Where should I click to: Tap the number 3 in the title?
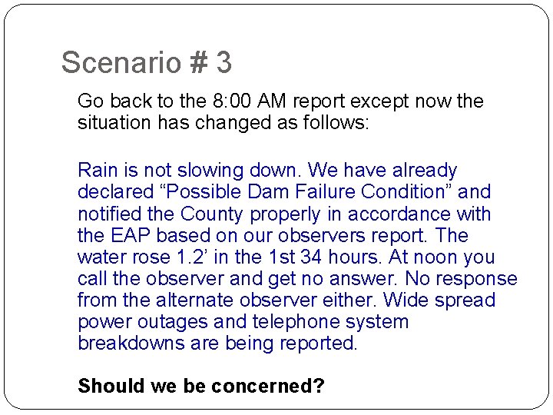click(224, 63)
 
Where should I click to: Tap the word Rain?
click(98, 170)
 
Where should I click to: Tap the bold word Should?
click(108, 386)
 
